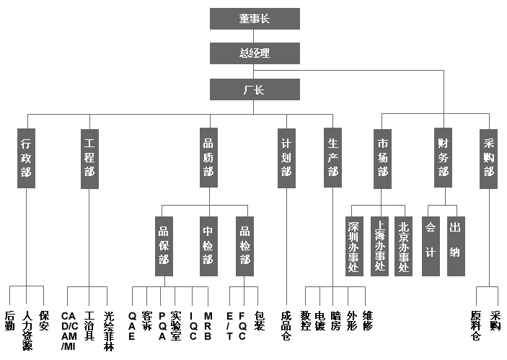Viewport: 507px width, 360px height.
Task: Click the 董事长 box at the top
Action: coord(255,19)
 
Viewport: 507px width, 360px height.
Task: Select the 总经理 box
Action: coord(255,53)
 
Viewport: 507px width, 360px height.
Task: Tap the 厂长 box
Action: coord(255,89)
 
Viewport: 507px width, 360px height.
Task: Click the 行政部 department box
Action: coord(26,158)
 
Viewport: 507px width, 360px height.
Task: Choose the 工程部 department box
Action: coord(89,158)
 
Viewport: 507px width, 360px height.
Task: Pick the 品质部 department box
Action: coord(208,158)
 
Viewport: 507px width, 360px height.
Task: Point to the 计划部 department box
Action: coord(286,158)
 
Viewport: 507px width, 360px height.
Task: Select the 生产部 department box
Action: coord(332,158)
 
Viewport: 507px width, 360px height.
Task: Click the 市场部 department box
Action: coord(382,158)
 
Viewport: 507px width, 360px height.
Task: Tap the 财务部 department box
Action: coord(444,158)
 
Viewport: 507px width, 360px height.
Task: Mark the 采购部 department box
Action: coord(489,158)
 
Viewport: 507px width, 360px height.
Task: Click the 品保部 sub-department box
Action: coord(164,245)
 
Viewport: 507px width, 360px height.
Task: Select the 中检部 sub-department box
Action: coord(208,245)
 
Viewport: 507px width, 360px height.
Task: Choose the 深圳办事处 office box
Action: coord(353,245)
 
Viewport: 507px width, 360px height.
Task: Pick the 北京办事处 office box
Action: coord(403,245)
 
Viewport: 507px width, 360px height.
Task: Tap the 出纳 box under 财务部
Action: coord(455,245)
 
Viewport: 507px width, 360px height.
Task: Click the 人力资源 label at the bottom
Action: coord(27,330)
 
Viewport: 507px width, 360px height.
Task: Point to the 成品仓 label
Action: coord(286,326)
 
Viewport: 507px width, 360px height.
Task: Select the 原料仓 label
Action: coord(476,326)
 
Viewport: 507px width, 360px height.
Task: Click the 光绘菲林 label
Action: coord(108,330)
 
